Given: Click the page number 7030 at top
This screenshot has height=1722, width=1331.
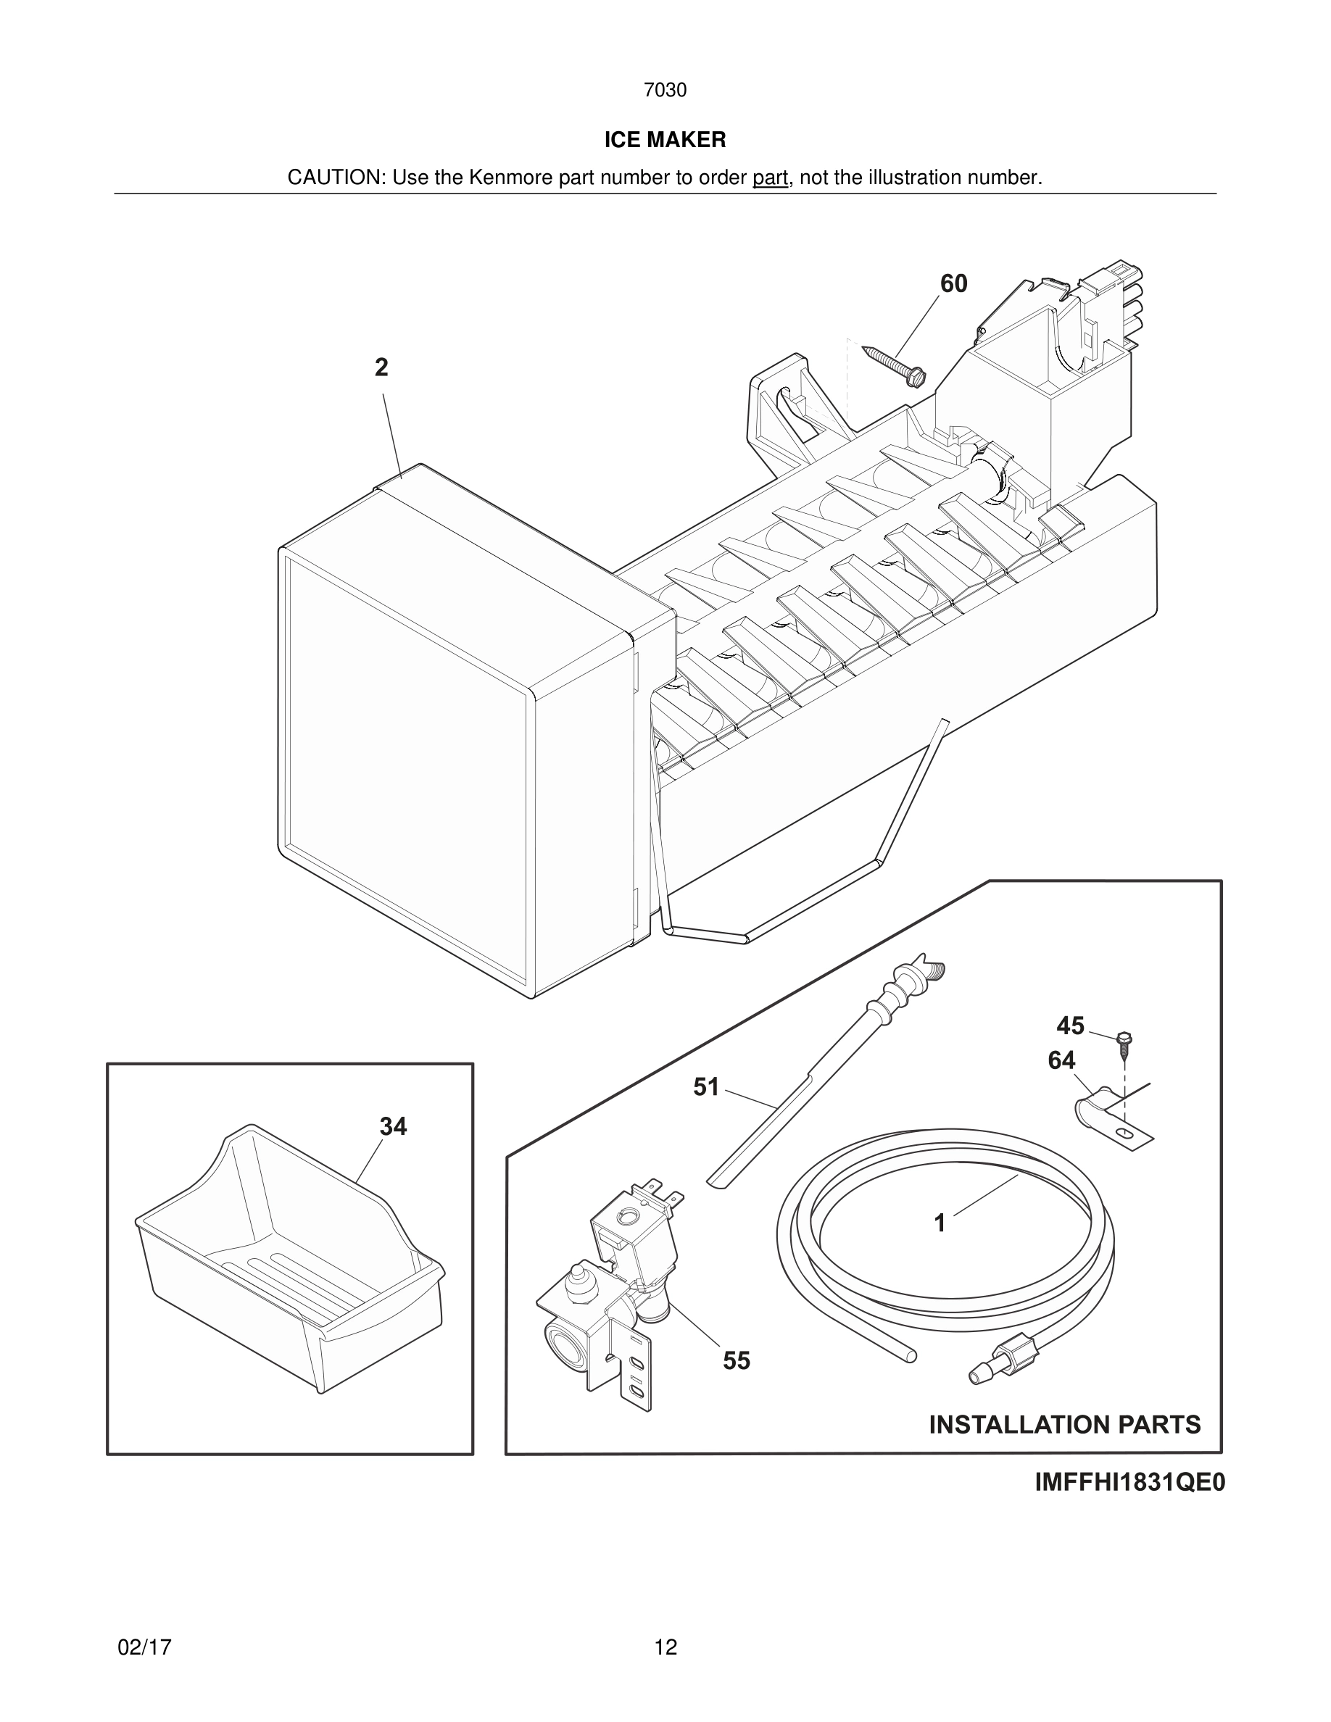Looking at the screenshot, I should click(665, 91).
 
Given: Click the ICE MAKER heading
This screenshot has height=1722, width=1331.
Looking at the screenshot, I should click(665, 141).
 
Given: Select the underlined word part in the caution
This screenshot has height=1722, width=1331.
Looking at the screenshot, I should click(770, 178).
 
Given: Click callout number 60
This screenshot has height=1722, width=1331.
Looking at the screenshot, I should click(953, 284).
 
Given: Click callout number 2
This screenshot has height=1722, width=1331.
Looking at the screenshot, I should click(381, 367).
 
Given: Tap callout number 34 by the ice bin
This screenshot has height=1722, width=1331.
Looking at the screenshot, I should click(393, 1127).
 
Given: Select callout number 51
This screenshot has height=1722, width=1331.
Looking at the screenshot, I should click(705, 1087).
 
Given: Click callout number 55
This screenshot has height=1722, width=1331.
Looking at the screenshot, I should click(737, 1361).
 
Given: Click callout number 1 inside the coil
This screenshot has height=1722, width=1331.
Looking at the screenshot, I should click(939, 1223).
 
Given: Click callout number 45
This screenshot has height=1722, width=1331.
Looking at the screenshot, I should click(1070, 1026).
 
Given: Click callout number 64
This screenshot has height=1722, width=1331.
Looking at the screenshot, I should click(1061, 1061).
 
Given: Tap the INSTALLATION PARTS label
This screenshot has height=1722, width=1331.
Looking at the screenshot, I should click(1064, 1424).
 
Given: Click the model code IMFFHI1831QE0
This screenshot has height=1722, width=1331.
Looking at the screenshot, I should click(1129, 1483).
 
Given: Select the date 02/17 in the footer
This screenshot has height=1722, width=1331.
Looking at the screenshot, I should click(144, 1647).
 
